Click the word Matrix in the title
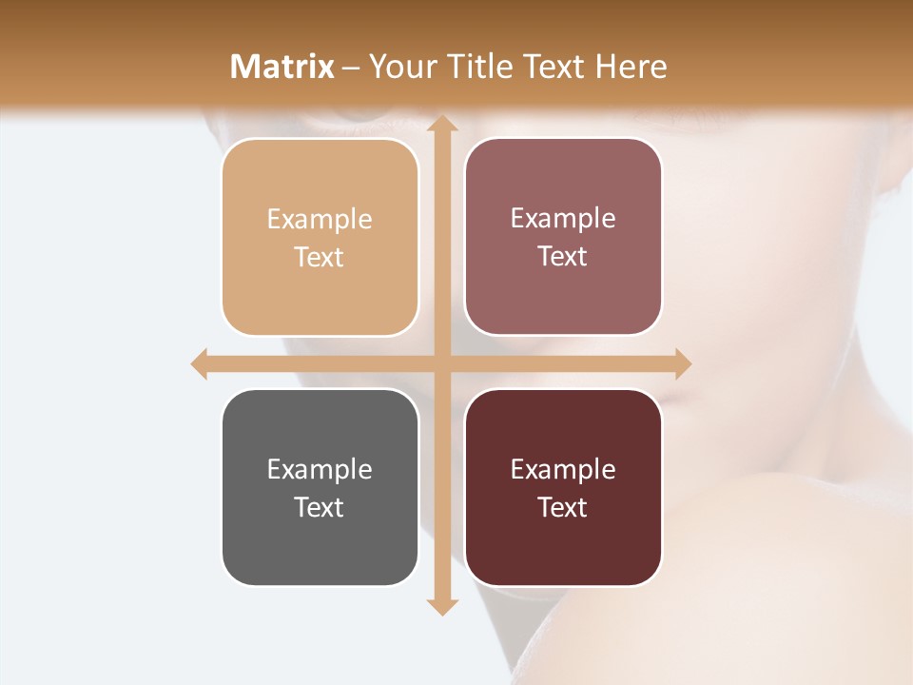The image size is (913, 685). pyautogui.click(x=282, y=67)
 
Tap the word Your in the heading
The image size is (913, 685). pyautogui.click(x=401, y=67)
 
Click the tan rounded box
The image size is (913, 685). pyautogui.click(x=320, y=237)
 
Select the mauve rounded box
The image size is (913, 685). pyautogui.click(x=563, y=237)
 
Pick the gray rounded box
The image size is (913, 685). pyautogui.click(x=320, y=488)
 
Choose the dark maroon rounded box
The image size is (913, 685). pyautogui.click(x=563, y=488)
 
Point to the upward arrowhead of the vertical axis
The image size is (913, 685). pyautogui.click(x=440, y=127)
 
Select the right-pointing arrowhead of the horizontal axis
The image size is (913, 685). pyautogui.click(x=681, y=364)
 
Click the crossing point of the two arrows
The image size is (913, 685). pyautogui.click(x=440, y=364)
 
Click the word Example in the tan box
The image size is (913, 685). pyautogui.click(x=320, y=220)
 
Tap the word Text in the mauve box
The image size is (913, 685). pyautogui.click(x=563, y=257)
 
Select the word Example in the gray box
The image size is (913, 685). pyautogui.click(x=320, y=470)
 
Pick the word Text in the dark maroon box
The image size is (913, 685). pyautogui.click(x=563, y=507)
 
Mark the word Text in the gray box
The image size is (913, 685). pyautogui.click(x=320, y=507)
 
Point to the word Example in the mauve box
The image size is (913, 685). pyautogui.click(x=563, y=219)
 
